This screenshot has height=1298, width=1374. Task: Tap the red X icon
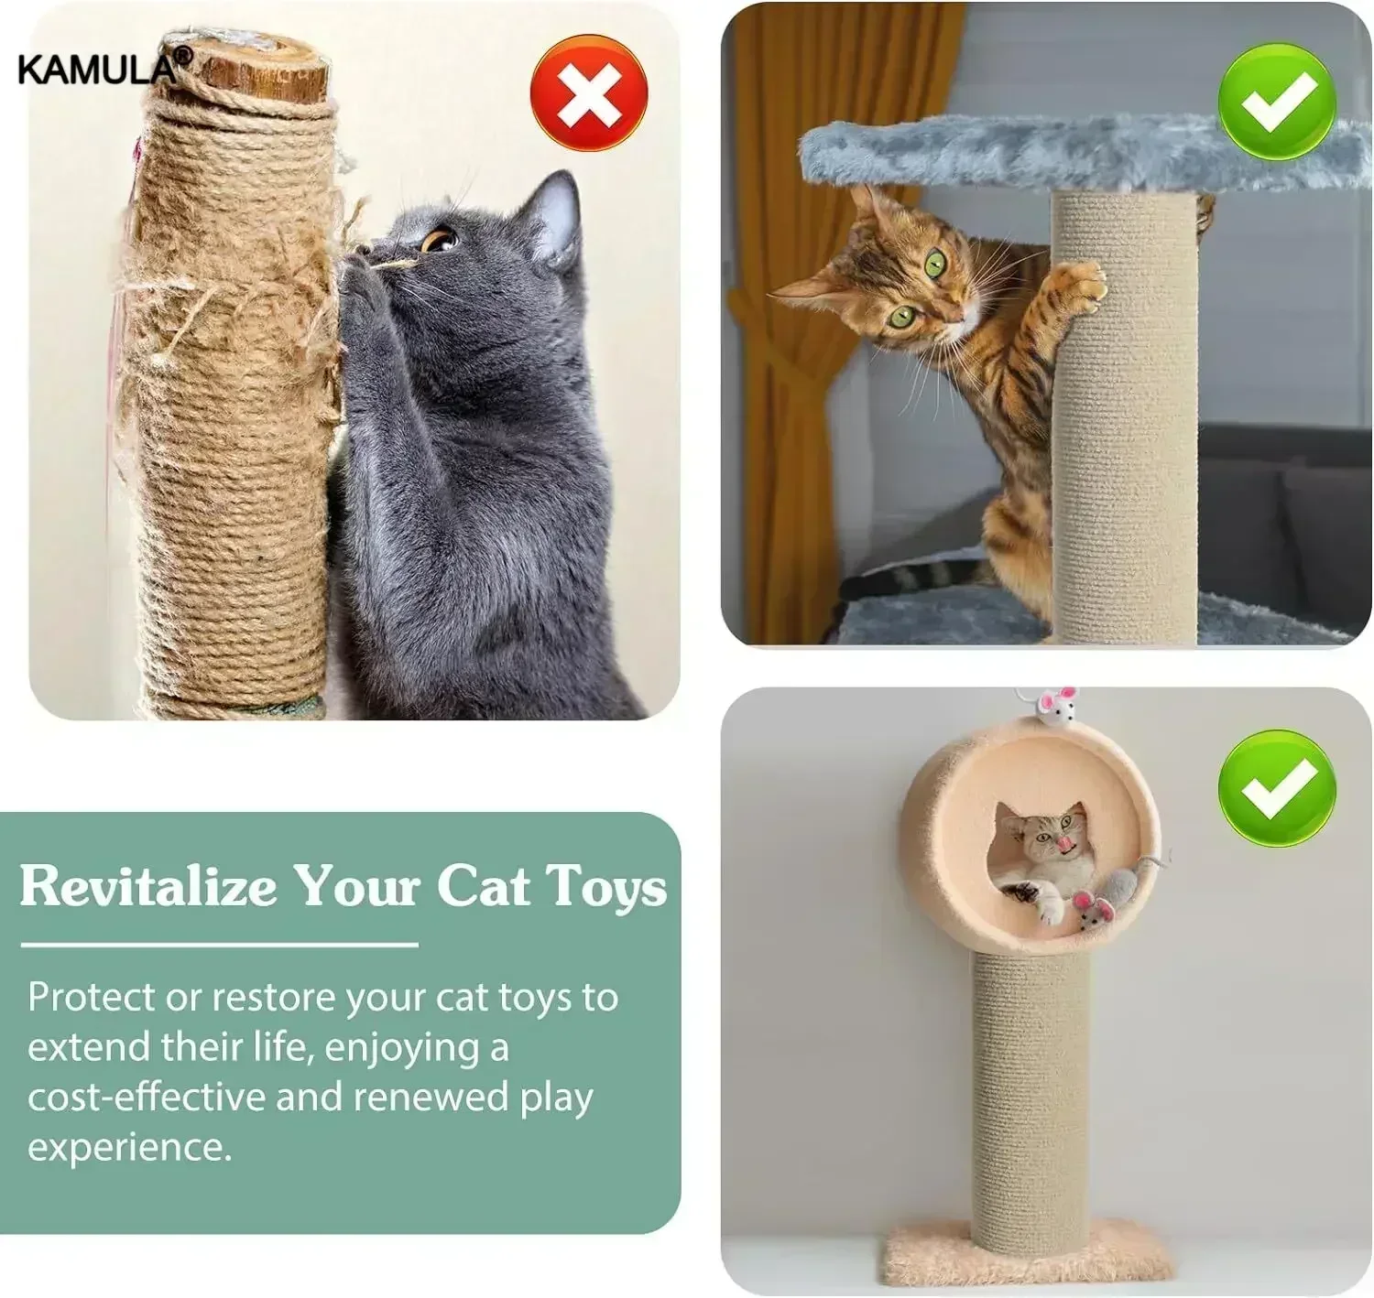click(x=589, y=92)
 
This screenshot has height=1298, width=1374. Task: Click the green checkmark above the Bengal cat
click(x=1276, y=102)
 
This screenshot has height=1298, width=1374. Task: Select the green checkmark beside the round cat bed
click(x=1276, y=788)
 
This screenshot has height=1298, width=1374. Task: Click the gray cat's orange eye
click(x=438, y=240)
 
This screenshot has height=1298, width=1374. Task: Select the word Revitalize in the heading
click(x=148, y=886)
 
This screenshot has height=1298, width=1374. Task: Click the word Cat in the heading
click(x=483, y=886)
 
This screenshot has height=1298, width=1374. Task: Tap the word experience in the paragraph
click(x=128, y=1146)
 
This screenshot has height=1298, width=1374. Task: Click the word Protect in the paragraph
click(x=90, y=997)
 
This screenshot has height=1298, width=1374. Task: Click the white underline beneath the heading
click(x=219, y=944)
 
